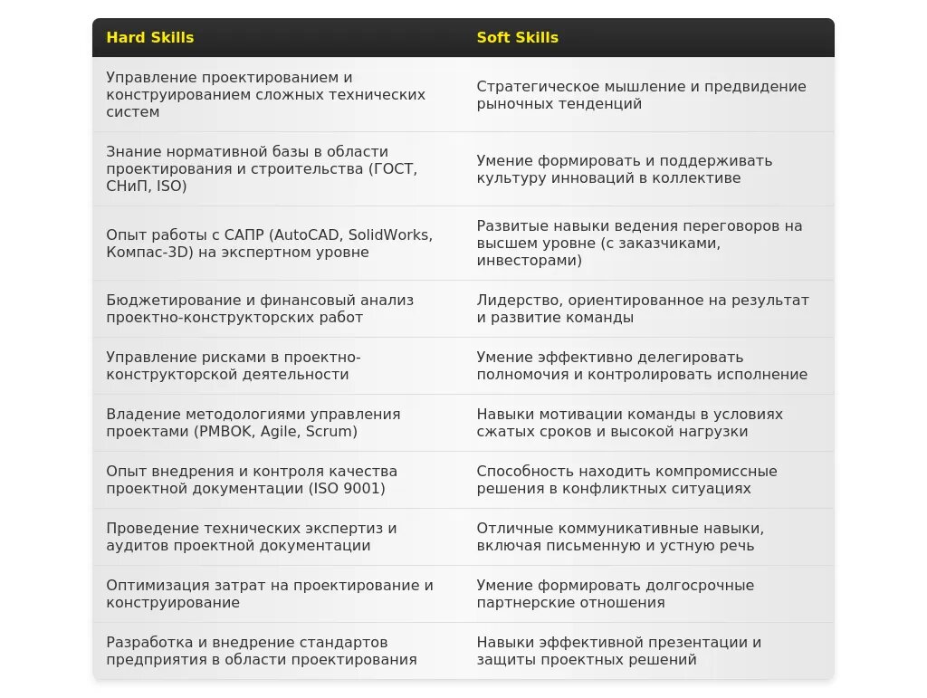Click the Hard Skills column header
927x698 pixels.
point(150,38)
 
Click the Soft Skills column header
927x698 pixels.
point(518,38)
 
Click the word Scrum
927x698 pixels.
point(330,432)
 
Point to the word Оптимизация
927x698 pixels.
point(152,586)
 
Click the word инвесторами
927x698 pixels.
point(529,261)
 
